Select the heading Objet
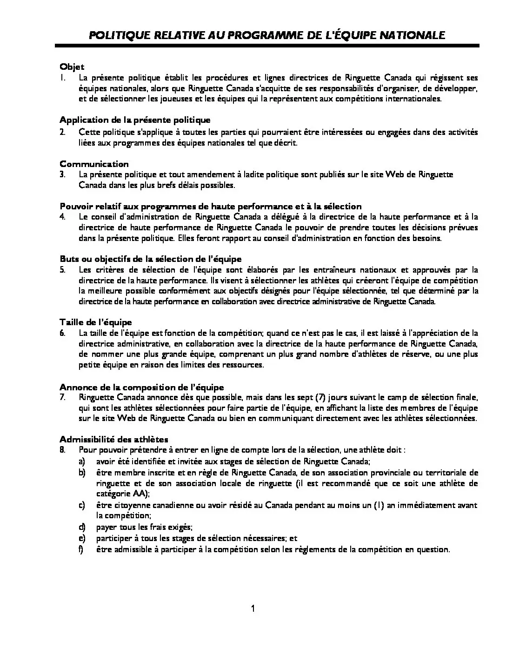coord(72,67)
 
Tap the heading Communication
coord(94,164)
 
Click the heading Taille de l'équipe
coord(95,322)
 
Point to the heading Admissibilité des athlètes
coord(114,439)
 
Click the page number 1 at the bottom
coord(253,608)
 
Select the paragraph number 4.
coord(62,217)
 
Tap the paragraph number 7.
coord(62,397)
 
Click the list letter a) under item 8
coord(82,461)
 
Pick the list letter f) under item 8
coord(81,549)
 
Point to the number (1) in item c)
coord(379,505)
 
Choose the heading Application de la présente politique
coord(135,120)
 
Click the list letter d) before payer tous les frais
coord(82,527)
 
